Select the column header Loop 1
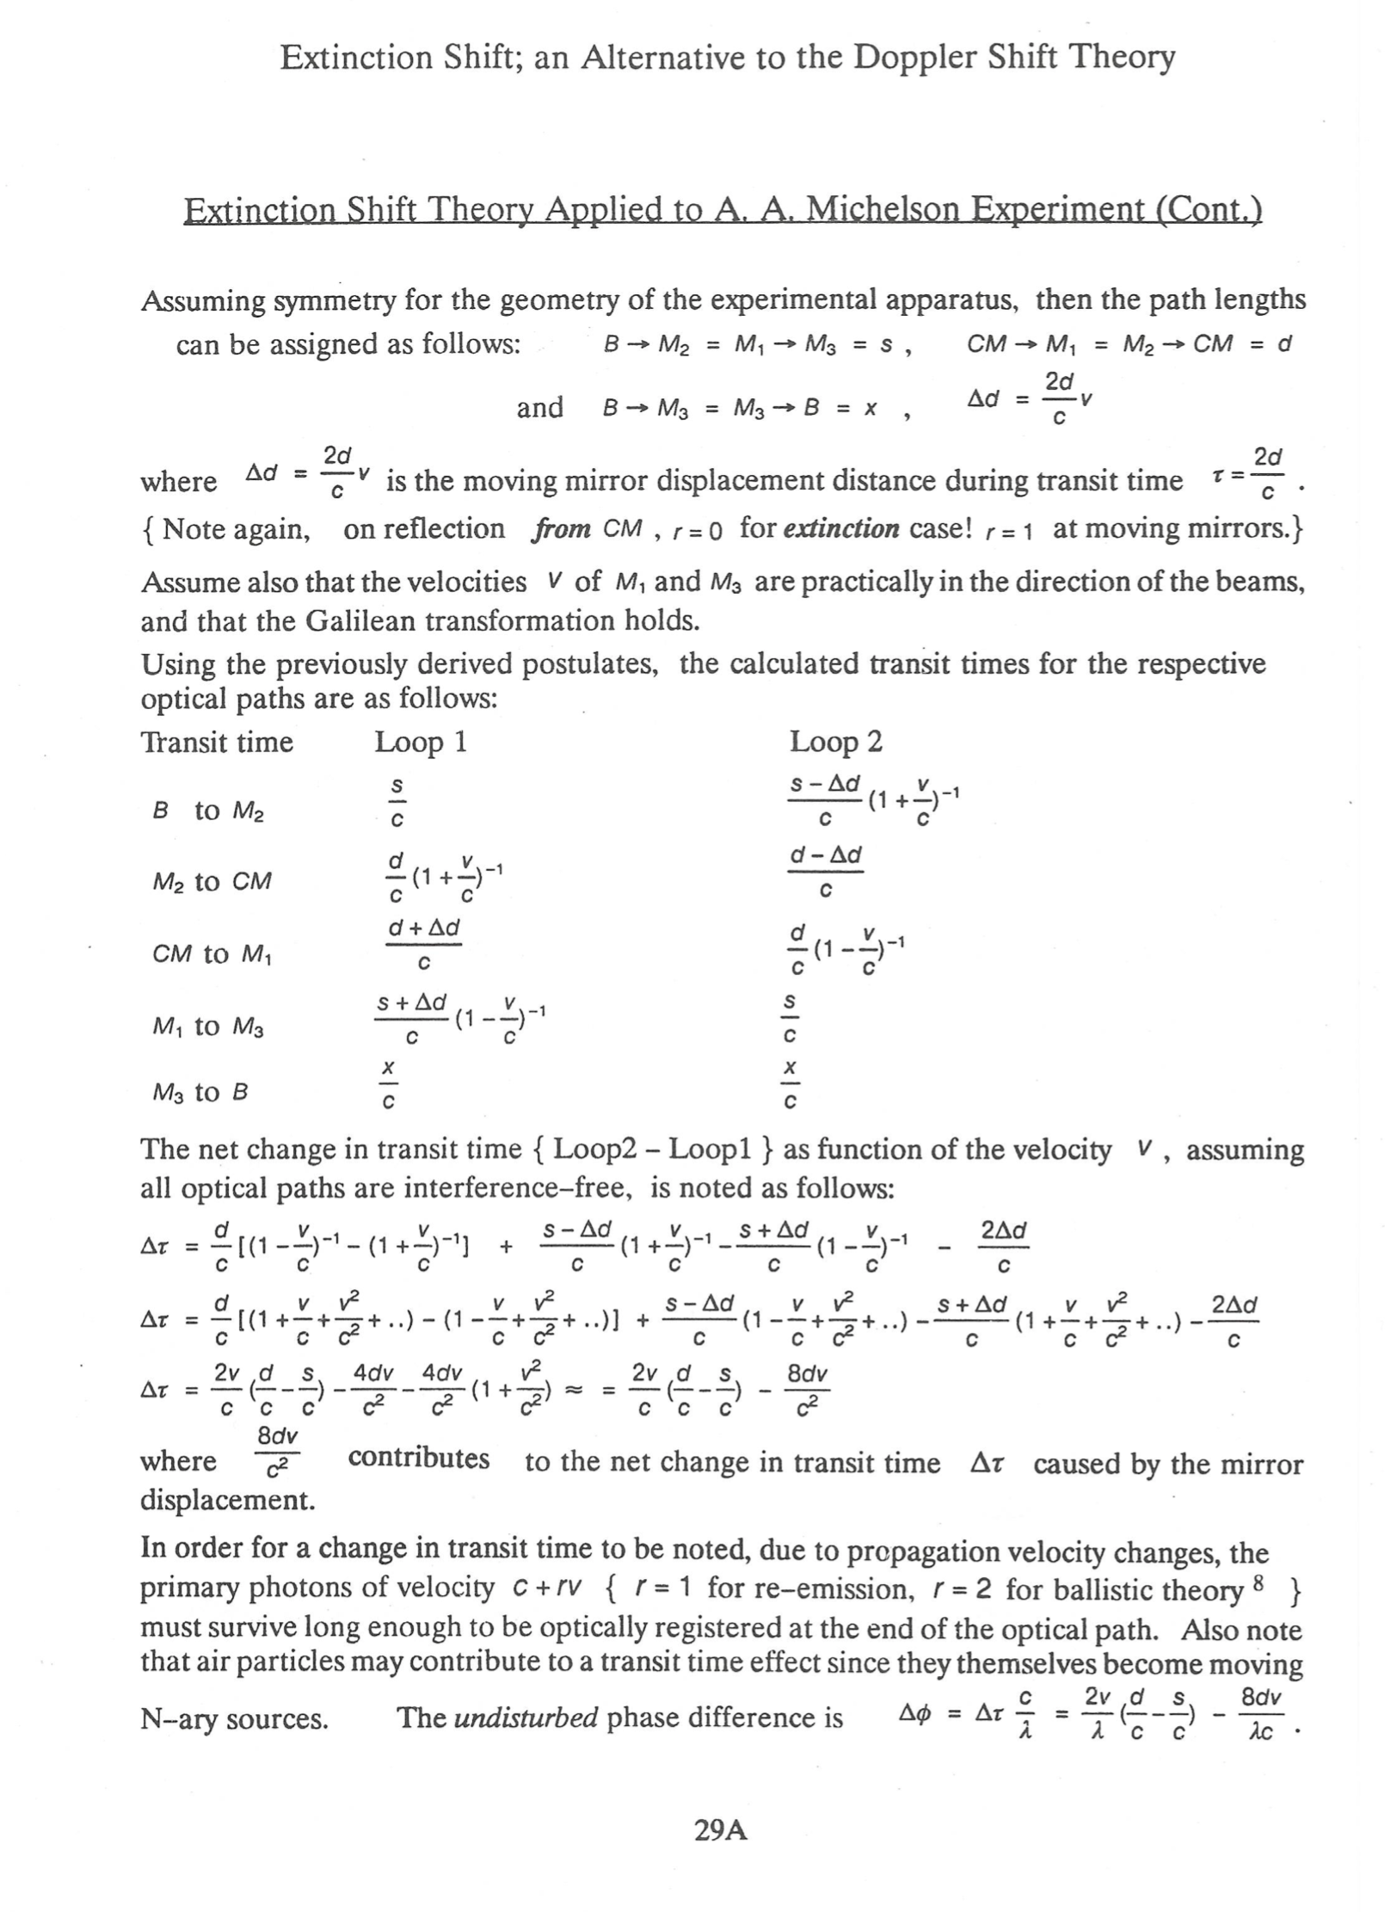pos(421,742)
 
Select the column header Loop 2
pos(836,742)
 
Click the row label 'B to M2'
pos(208,811)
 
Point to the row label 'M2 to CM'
pos(212,882)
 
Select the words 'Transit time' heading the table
pos(217,742)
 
